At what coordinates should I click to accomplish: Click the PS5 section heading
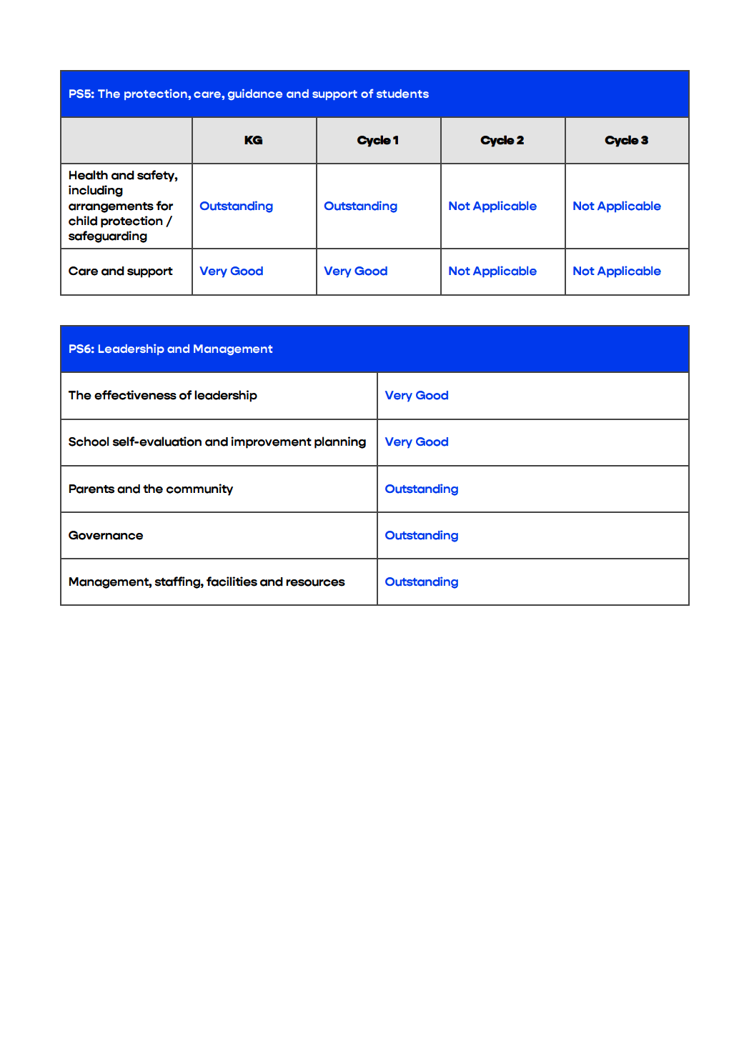[x=248, y=94]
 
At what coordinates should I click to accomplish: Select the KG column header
[x=253, y=140]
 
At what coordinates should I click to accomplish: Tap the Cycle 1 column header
[x=377, y=140]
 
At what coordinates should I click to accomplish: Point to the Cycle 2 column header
[x=502, y=140]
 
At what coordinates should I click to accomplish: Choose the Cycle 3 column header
[x=626, y=140]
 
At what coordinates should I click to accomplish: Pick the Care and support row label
[x=120, y=271]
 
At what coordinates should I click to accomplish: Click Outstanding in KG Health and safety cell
[x=236, y=206]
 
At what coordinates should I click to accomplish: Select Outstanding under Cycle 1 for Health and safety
[x=360, y=206]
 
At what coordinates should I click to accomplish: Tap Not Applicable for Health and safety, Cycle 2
[x=492, y=206]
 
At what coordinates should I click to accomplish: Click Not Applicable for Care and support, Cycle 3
[x=617, y=271]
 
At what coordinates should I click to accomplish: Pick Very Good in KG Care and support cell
[x=231, y=271]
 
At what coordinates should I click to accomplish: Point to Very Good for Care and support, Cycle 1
[x=355, y=271]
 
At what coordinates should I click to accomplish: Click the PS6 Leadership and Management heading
[x=170, y=349]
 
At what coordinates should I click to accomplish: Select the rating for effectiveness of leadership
[x=417, y=396]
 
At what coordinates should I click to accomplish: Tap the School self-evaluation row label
[x=217, y=442]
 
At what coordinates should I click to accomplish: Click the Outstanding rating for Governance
[x=421, y=536]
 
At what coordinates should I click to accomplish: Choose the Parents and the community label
[x=150, y=489]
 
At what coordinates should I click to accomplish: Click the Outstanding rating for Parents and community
[x=421, y=489]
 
